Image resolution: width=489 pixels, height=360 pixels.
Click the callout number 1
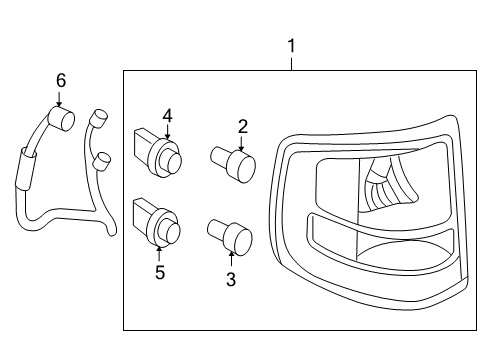click(x=291, y=46)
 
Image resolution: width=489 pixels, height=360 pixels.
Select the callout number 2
click(x=243, y=127)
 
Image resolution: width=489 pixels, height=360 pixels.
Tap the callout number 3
click(x=231, y=279)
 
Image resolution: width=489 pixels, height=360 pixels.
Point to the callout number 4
click(x=168, y=116)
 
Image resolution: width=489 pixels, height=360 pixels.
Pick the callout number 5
click(x=160, y=272)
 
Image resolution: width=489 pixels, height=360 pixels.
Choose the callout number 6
click(x=61, y=81)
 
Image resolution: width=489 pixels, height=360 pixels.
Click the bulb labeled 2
click(x=233, y=164)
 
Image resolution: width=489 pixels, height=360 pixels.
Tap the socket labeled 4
click(x=158, y=153)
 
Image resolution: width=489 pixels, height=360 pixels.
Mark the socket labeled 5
click(x=157, y=223)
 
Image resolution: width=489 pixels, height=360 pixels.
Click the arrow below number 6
click(x=59, y=99)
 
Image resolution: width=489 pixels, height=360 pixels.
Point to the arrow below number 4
click(x=167, y=132)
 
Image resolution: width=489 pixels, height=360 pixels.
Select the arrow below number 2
click(x=241, y=143)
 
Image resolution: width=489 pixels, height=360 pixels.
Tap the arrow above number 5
click(x=159, y=253)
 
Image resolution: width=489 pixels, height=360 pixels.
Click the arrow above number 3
click(x=231, y=259)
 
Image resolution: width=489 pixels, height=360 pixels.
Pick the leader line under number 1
click(x=292, y=64)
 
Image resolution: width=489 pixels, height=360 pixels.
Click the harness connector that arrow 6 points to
click(x=61, y=118)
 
